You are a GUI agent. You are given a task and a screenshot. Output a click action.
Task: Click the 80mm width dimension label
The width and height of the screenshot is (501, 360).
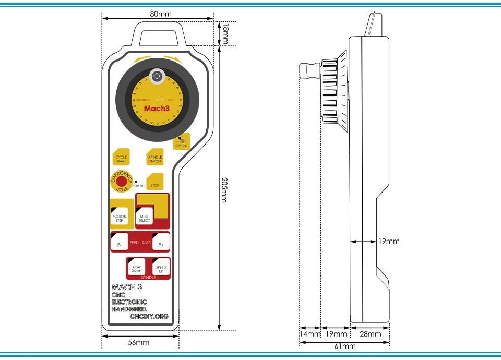[x=160, y=14]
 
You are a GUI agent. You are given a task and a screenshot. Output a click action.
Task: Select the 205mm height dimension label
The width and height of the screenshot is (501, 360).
[x=224, y=190]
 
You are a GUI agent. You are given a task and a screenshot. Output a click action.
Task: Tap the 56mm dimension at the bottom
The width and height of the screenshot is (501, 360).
[x=139, y=342]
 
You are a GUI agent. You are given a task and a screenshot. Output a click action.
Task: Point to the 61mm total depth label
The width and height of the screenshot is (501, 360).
[x=344, y=346]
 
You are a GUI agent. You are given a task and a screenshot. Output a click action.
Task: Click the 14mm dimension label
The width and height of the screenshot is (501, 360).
[x=310, y=334]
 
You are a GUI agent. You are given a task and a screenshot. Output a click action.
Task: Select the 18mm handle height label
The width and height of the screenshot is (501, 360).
[x=225, y=35]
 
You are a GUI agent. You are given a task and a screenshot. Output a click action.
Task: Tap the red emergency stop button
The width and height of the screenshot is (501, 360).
[x=122, y=182]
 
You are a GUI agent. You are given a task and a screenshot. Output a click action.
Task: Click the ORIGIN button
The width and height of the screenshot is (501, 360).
[x=182, y=141]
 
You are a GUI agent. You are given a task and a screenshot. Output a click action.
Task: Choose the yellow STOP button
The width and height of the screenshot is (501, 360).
[x=154, y=183]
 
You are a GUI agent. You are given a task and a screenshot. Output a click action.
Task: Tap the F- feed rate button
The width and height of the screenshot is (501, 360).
[x=120, y=243]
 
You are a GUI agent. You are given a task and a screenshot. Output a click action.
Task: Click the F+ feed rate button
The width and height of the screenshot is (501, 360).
[x=161, y=243]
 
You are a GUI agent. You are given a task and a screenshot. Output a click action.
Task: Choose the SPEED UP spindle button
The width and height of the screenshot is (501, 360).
[x=161, y=269]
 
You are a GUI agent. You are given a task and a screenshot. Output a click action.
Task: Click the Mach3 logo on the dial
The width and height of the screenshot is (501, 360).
[x=157, y=109]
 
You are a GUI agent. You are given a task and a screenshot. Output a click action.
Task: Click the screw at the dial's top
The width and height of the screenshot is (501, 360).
[x=157, y=77]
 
